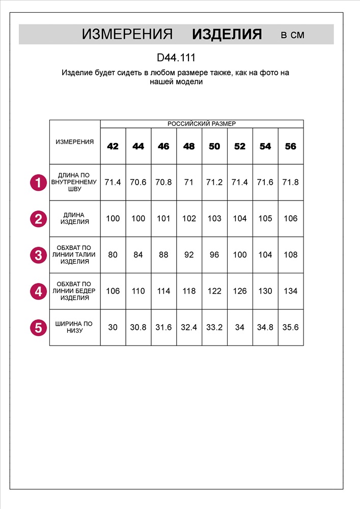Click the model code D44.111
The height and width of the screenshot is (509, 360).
tap(176, 58)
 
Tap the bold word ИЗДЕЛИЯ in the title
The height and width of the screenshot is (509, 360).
tap(227, 35)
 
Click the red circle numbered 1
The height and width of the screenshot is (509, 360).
tap(38, 182)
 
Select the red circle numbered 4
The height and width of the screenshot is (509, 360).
tap(38, 291)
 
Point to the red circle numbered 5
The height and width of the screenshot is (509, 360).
tap(38, 327)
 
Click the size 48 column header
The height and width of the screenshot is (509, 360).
tap(189, 146)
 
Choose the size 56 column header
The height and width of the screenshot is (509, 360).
tap(291, 146)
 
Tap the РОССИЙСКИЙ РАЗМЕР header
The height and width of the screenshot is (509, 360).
tap(202, 124)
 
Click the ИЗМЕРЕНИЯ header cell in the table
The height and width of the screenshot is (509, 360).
tap(74, 142)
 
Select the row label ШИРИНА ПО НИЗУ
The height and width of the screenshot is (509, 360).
tap(74, 327)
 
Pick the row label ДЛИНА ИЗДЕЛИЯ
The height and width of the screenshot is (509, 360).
tap(74, 218)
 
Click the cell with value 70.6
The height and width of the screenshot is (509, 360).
tap(138, 182)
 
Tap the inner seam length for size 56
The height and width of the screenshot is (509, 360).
tap(291, 182)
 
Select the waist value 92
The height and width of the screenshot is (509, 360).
tap(189, 254)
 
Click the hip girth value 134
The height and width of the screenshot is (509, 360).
tap(291, 291)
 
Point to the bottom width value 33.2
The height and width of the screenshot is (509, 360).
tap(214, 327)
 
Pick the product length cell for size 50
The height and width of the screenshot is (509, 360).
tap(214, 218)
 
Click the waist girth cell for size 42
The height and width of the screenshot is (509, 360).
tap(113, 254)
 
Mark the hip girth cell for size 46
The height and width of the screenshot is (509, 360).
tap(163, 291)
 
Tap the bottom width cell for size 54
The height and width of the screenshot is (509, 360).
tap(265, 327)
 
